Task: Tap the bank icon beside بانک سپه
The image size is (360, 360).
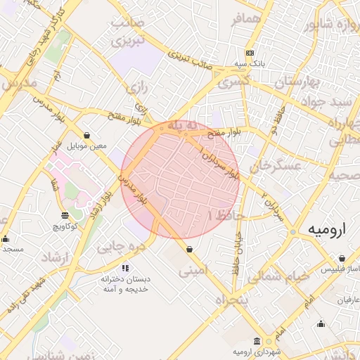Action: pos(250,53)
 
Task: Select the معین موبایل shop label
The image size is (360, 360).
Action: pos(86,146)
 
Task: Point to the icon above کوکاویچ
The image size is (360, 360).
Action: pos(65,215)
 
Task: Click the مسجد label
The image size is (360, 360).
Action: pos(12,249)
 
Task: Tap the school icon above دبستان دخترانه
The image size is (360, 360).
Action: pos(125,267)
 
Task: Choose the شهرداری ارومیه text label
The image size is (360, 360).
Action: pos(257,351)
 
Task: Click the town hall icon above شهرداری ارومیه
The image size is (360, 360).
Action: pos(257,340)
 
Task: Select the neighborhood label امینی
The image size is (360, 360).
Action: pos(193,270)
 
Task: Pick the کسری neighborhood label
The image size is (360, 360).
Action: pos(234,82)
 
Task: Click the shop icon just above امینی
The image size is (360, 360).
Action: pos(190,249)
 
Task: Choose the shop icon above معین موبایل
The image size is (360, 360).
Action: pos(86,135)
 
